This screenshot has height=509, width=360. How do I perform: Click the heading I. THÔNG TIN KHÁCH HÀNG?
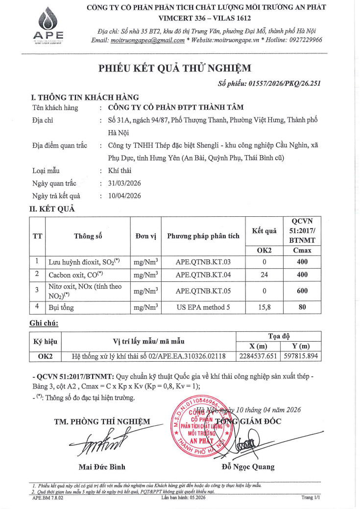(85, 98)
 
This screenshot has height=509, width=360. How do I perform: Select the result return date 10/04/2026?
(124, 196)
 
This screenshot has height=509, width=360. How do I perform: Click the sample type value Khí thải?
(120, 171)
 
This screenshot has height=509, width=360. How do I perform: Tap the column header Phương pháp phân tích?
(203, 236)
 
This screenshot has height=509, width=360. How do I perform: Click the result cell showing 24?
(264, 275)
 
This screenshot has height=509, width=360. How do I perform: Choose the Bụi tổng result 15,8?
(264, 307)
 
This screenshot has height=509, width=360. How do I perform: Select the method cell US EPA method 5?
(203, 307)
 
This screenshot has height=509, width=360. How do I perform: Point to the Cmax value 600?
(302, 291)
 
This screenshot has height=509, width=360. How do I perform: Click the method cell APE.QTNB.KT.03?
(203, 262)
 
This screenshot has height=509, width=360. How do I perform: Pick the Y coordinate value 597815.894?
(301, 356)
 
